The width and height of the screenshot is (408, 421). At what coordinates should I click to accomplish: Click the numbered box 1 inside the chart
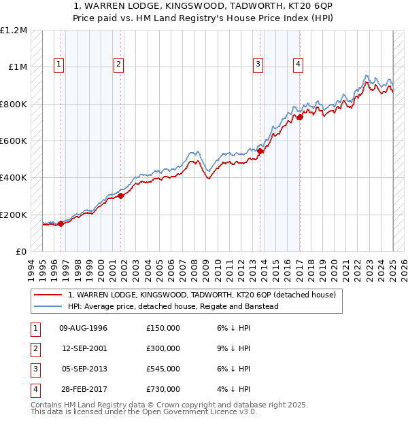59,65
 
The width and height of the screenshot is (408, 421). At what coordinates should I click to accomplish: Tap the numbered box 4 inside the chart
298,65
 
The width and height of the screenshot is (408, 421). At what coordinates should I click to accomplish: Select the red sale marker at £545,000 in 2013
260,151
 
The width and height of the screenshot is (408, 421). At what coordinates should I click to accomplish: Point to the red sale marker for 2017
300,117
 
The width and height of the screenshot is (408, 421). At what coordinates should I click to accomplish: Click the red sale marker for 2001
120,196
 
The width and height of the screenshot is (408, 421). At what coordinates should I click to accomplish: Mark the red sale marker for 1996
61,223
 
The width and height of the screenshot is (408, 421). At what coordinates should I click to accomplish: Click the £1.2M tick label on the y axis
14,31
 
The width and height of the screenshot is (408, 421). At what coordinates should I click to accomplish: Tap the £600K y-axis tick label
14,141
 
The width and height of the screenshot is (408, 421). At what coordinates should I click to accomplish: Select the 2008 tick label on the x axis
196,268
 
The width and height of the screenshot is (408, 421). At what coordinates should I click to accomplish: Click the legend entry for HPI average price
173,306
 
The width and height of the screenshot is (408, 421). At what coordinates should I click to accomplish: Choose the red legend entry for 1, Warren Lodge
202,295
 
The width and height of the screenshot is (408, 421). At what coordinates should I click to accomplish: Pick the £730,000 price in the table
163,389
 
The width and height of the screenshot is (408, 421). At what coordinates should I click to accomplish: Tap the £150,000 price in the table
163,328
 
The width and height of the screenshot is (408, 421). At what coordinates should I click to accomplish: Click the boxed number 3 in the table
35,369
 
